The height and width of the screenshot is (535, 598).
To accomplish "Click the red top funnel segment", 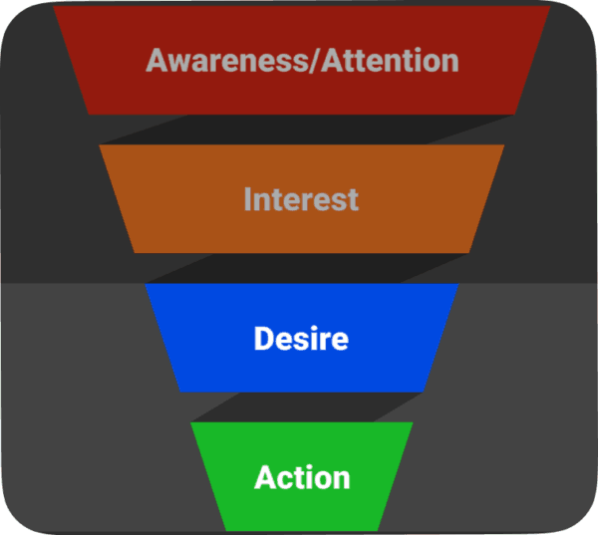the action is pos(301,60).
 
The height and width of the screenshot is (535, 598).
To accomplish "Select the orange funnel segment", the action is pos(302,198).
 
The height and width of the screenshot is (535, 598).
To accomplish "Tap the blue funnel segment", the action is pos(302,338).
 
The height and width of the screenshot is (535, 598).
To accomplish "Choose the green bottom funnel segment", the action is pos(302,476).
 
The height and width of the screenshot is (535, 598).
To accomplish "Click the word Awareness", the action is pos(227,61).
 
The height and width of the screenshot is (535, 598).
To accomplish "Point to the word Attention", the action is pos(390,61).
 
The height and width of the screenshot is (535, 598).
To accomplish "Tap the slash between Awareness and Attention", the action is pos(315,61).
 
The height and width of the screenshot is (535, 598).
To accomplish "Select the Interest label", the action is pos(301,198).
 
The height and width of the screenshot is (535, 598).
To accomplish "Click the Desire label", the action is pos(301,339).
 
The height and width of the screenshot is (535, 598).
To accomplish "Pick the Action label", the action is pos(302,476).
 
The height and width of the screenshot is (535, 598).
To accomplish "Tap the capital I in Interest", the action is pos(247,198).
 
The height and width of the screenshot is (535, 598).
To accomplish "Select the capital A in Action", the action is pos(266,476).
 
